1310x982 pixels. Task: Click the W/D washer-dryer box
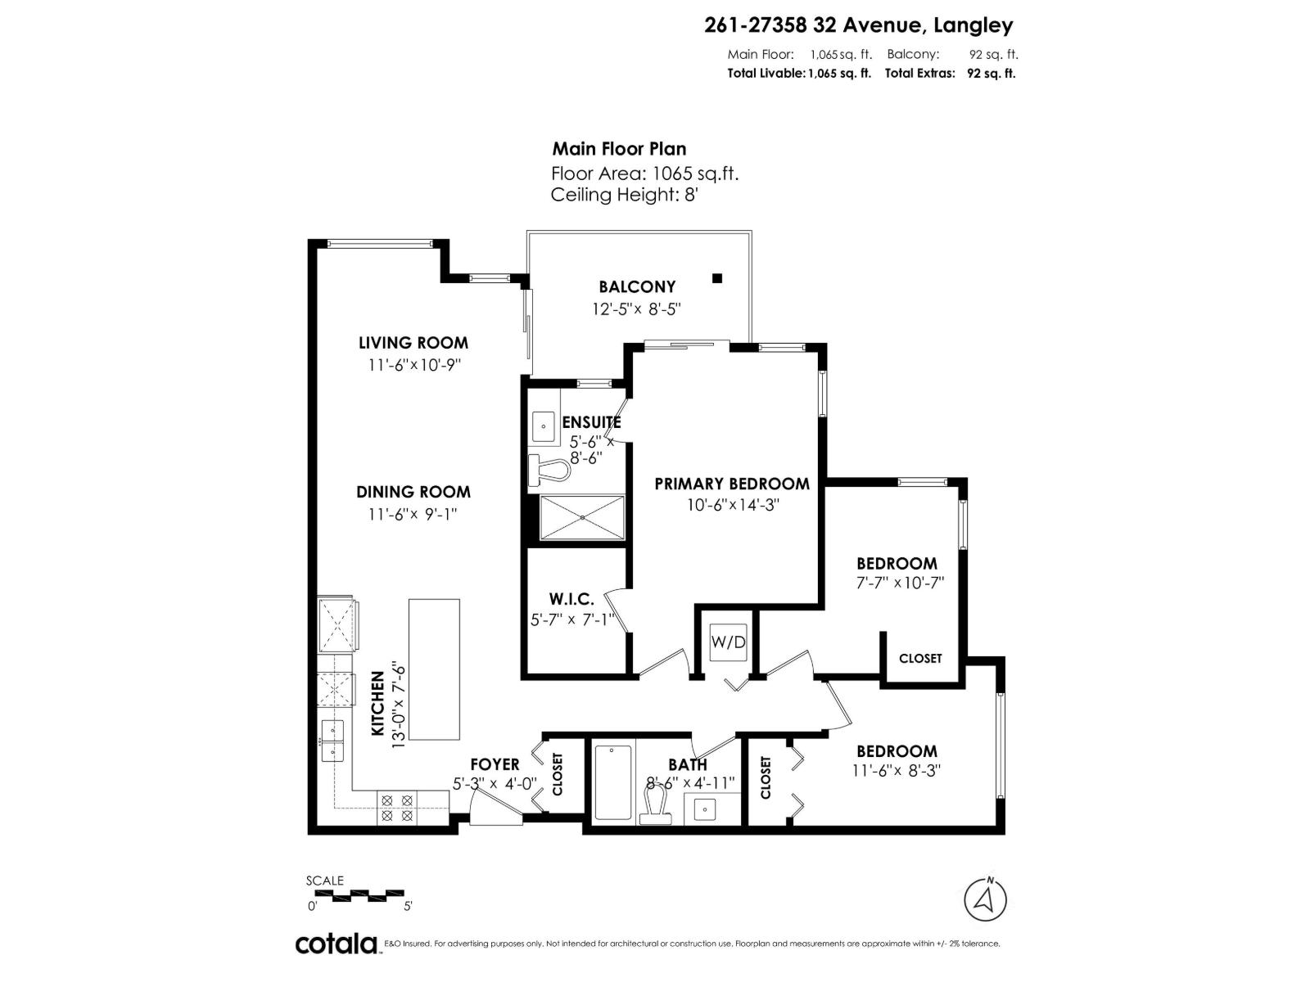pyautogui.click(x=728, y=642)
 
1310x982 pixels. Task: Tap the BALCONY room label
pyautogui.click(x=637, y=286)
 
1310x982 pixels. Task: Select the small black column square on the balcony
pyautogui.click(x=717, y=278)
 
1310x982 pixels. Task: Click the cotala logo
pyautogui.click(x=336, y=944)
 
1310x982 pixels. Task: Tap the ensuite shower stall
pyautogui.click(x=581, y=518)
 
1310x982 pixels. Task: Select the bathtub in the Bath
pyautogui.click(x=613, y=782)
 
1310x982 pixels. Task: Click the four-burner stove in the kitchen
pyautogui.click(x=397, y=808)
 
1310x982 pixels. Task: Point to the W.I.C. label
pyautogui.click(x=571, y=600)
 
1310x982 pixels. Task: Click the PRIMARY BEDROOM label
pyautogui.click(x=732, y=484)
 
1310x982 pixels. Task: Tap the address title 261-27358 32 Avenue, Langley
pyautogui.click(x=858, y=25)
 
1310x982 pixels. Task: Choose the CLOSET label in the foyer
pyautogui.click(x=558, y=774)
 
